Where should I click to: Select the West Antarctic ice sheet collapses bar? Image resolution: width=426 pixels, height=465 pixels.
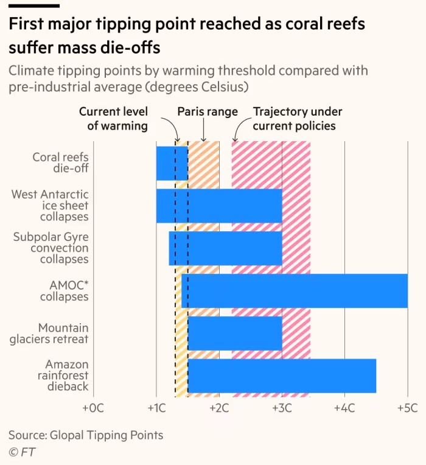tap(219, 206)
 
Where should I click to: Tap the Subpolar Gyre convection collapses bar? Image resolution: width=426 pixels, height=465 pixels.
tap(225, 248)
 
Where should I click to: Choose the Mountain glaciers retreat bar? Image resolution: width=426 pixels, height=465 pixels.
tap(235, 333)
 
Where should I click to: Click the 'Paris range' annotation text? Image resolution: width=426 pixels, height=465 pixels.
tap(208, 112)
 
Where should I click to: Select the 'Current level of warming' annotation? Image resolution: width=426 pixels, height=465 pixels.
tap(113, 119)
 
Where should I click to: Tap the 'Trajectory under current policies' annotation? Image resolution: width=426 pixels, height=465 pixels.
tap(297, 119)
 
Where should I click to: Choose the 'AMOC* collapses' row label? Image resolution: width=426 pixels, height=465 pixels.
tap(65, 291)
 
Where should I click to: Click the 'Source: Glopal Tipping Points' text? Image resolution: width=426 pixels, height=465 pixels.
tap(86, 435)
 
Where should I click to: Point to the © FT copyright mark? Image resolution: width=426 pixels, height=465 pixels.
tap(22, 452)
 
